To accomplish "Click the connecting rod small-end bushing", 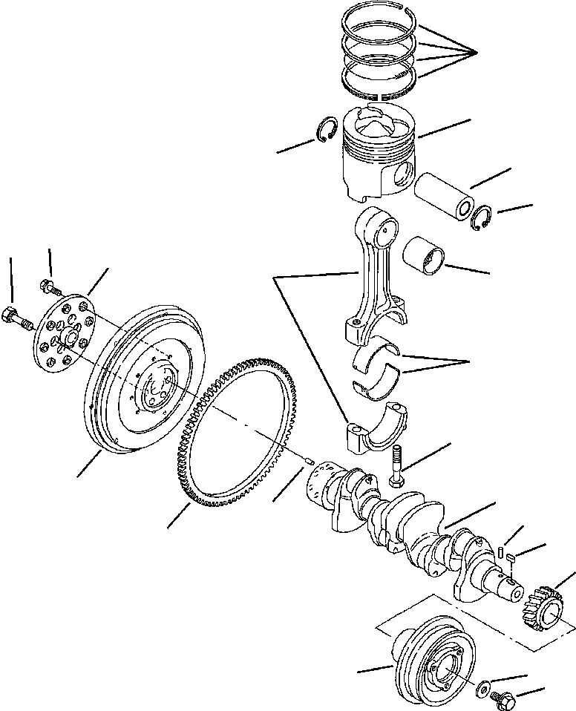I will [425, 257].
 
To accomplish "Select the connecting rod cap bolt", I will [394, 463].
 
